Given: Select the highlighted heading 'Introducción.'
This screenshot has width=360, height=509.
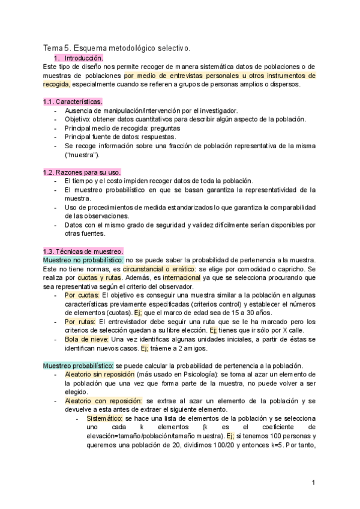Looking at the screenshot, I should click(x=84, y=58).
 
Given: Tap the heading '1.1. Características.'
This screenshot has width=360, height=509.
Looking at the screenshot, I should click(x=73, y=101).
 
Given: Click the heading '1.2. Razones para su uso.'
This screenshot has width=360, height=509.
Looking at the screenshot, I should click(x=82, y=172).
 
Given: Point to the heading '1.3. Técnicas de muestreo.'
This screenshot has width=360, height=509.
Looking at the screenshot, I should click(x=83, y=251).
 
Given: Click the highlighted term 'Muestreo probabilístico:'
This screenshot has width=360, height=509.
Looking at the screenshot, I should click(x=78, y=366).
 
